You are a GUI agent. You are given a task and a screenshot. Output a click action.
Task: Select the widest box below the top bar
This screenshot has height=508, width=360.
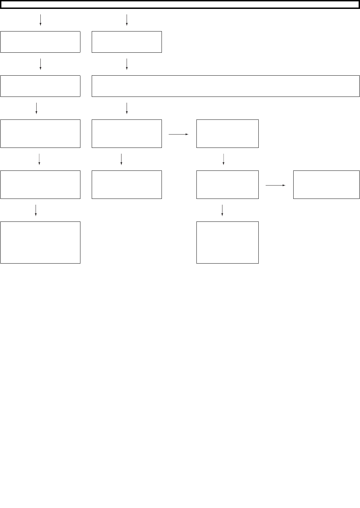[x=226, y=86]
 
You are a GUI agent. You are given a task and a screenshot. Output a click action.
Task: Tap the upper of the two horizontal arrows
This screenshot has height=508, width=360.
[x=179, y=135]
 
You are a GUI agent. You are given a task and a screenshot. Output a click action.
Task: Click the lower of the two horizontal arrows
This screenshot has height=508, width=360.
[x=275, y=185]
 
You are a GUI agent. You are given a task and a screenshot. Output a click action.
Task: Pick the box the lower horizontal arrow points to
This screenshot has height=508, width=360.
[x=326, y=185]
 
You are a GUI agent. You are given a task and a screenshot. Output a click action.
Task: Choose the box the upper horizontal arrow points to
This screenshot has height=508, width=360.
[x=227, y=134]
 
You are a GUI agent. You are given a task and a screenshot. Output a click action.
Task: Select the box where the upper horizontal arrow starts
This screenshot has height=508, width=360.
[x=127, y=134]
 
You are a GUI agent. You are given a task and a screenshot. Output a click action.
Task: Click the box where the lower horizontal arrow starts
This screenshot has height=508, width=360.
[x=227, y=185]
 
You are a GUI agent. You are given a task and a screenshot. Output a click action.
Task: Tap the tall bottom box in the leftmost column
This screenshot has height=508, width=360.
[x=40, y=242]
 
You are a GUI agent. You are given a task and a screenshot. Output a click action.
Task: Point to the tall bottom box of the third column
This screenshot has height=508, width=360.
[x=227, y=242]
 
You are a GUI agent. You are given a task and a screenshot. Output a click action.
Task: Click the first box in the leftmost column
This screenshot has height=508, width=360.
[x=40, y=42]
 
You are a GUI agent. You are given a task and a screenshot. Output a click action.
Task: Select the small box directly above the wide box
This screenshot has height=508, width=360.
[x=127, y=42]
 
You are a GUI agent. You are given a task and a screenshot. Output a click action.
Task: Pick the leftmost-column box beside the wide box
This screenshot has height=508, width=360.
[x=40, y=86]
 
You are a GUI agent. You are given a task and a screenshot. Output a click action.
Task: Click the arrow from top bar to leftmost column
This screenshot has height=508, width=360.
[x=40, y=20]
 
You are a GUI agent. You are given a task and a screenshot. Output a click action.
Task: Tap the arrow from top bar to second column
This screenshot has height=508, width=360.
[x=127, y=20]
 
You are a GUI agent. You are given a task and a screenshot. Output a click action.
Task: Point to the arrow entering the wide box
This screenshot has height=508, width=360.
[x=127, y=64]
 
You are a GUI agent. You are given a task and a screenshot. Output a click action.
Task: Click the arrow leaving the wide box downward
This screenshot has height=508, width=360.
[x=127, y=108]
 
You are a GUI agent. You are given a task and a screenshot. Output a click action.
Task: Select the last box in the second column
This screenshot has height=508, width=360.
[x=127, y=185]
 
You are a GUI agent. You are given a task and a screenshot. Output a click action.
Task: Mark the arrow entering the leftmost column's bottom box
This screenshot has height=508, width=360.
[x=36, y=210]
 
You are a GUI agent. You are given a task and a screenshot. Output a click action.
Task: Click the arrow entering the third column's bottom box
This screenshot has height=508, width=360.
[x=222, y=210]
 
